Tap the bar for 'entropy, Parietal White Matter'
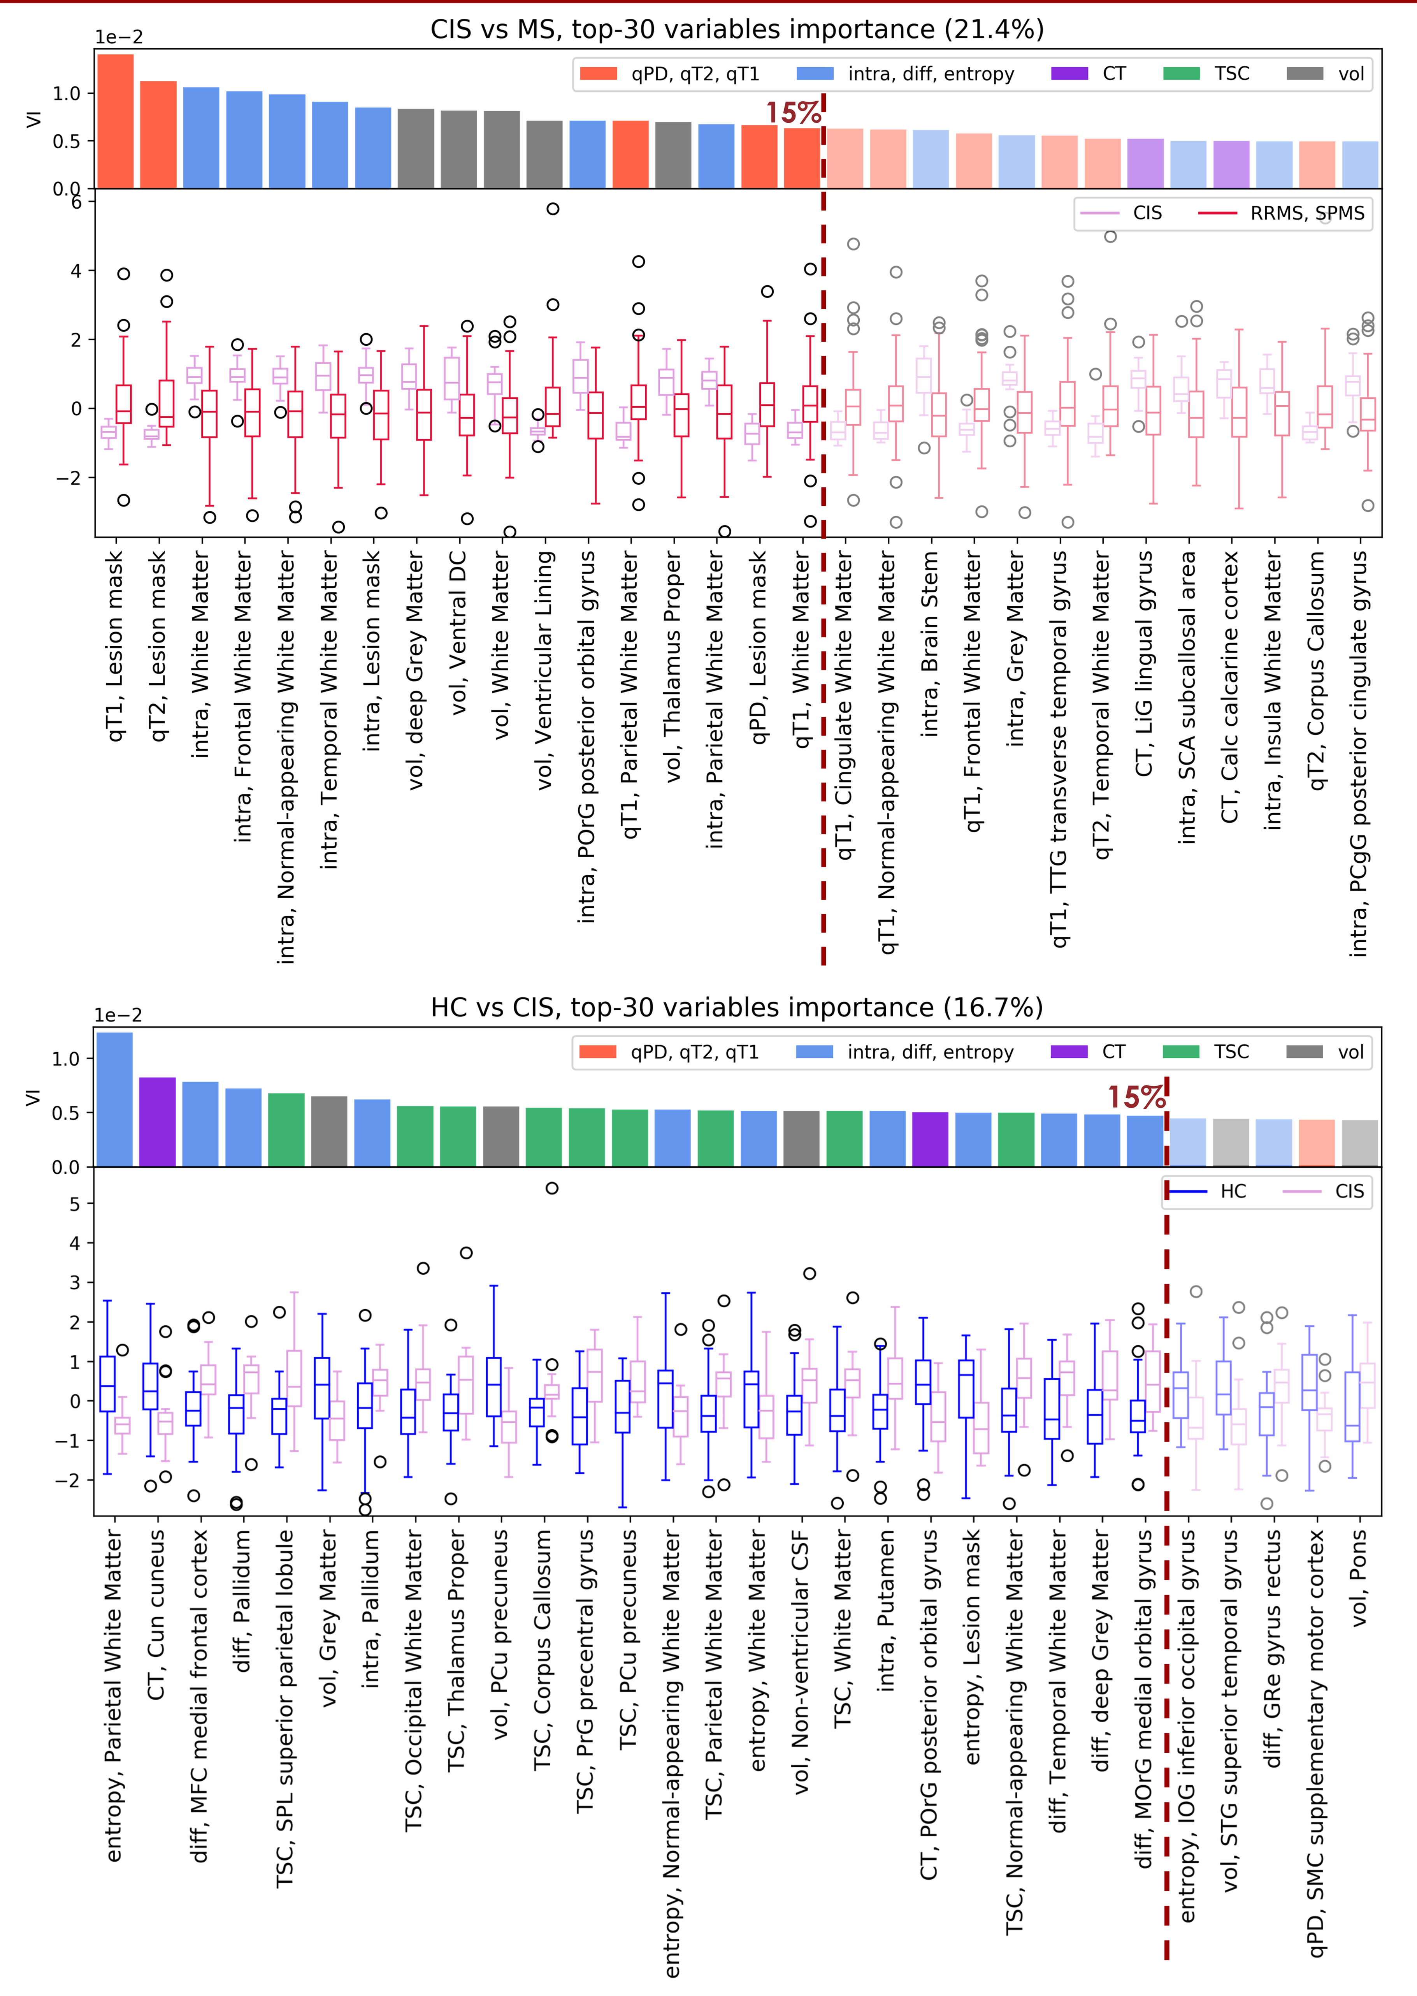[x=114, y=1100]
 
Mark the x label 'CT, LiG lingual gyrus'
[x=1144, y=663]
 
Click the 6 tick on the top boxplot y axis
[x=77, y=202]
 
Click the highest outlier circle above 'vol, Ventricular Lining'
[x=552, y=209]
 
